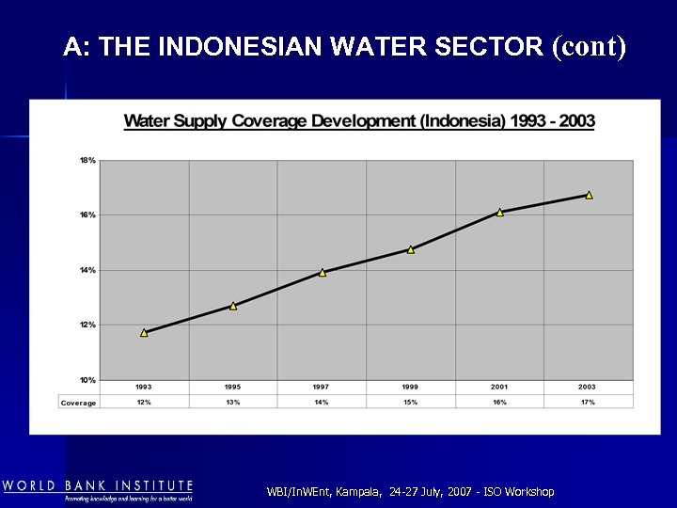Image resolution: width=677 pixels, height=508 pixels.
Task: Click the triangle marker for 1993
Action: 144,332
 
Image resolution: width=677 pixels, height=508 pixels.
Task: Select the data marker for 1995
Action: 233,306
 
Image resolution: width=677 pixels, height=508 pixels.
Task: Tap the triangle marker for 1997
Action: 323,273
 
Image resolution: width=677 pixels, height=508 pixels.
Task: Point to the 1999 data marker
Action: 411,249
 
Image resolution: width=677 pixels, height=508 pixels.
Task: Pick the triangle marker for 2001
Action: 500,213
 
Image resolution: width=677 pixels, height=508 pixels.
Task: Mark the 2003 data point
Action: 589,196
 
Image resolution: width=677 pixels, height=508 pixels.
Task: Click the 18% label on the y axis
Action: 87,161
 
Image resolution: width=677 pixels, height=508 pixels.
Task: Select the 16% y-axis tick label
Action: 87,215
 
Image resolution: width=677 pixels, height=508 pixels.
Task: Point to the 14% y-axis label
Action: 87,271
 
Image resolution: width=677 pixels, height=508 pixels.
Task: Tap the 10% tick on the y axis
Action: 87,380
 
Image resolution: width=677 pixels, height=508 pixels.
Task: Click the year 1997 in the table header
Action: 322,388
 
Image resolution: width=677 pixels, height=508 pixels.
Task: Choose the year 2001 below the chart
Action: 499,388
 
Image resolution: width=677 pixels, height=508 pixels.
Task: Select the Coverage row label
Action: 78,403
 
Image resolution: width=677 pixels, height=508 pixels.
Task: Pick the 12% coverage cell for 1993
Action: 144,403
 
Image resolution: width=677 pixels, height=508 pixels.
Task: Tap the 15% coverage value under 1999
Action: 411,403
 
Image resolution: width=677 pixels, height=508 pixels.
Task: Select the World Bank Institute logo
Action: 98,490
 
